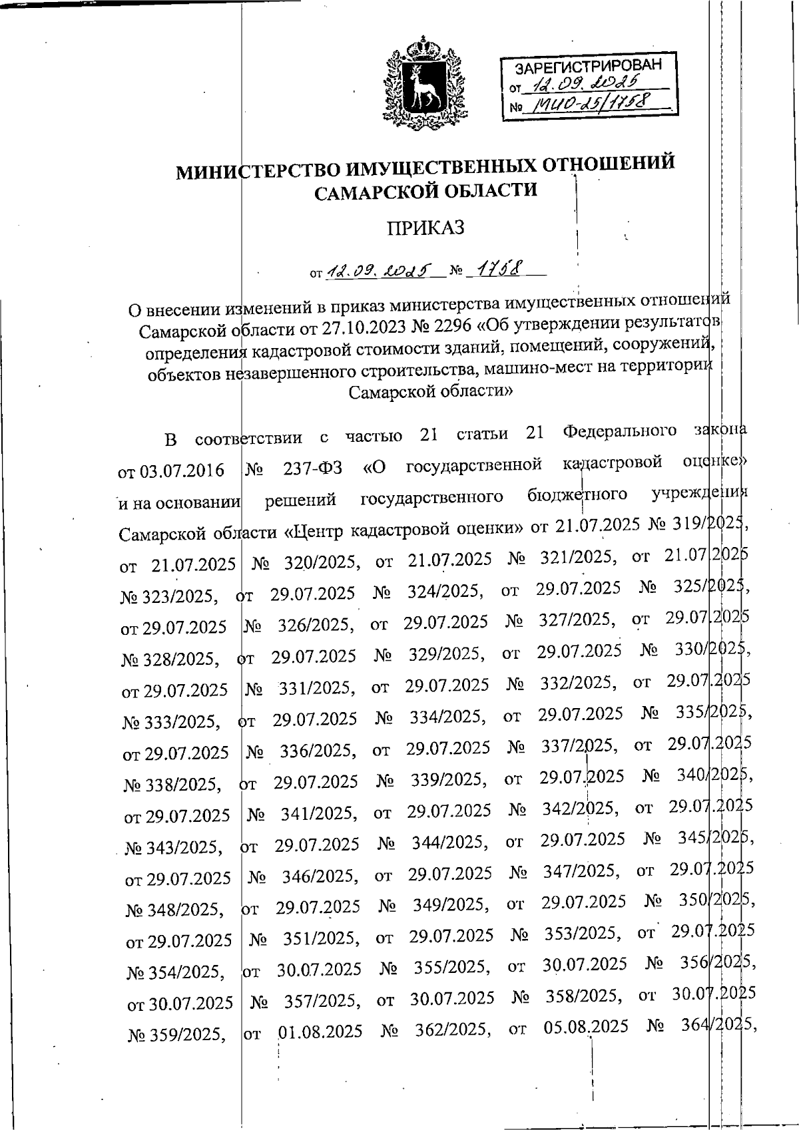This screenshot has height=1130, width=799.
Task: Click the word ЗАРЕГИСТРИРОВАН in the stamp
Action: point(589,66)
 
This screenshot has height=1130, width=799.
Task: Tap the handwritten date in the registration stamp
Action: point(590,85)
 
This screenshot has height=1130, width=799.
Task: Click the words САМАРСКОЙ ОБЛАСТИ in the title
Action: point(425,192)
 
